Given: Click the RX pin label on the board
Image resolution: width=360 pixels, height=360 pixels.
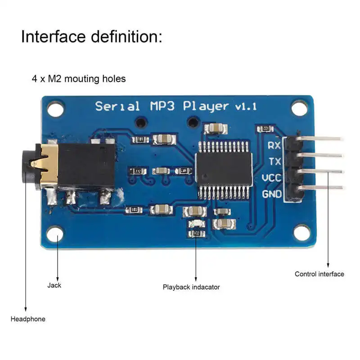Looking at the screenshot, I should (274, 145).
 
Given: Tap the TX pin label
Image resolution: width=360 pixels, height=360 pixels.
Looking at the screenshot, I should (274, 162).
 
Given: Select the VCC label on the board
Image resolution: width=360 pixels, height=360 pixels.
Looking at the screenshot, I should (271, 178).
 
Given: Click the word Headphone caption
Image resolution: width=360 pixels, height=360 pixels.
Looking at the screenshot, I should (28, 319).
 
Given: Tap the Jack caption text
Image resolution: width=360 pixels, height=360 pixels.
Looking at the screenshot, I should (54, 285).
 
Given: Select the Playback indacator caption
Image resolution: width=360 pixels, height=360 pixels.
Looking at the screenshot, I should (191, 287).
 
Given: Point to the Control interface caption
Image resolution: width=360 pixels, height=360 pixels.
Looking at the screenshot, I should (319, 274).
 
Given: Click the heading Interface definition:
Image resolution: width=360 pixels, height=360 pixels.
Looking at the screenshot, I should (91, 36).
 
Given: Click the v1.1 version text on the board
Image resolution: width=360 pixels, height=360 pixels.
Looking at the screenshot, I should (245, 107).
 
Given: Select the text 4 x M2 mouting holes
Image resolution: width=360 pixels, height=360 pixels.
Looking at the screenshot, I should (79, 79).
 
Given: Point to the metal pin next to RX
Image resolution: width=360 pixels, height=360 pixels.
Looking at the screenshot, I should (319, 138).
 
